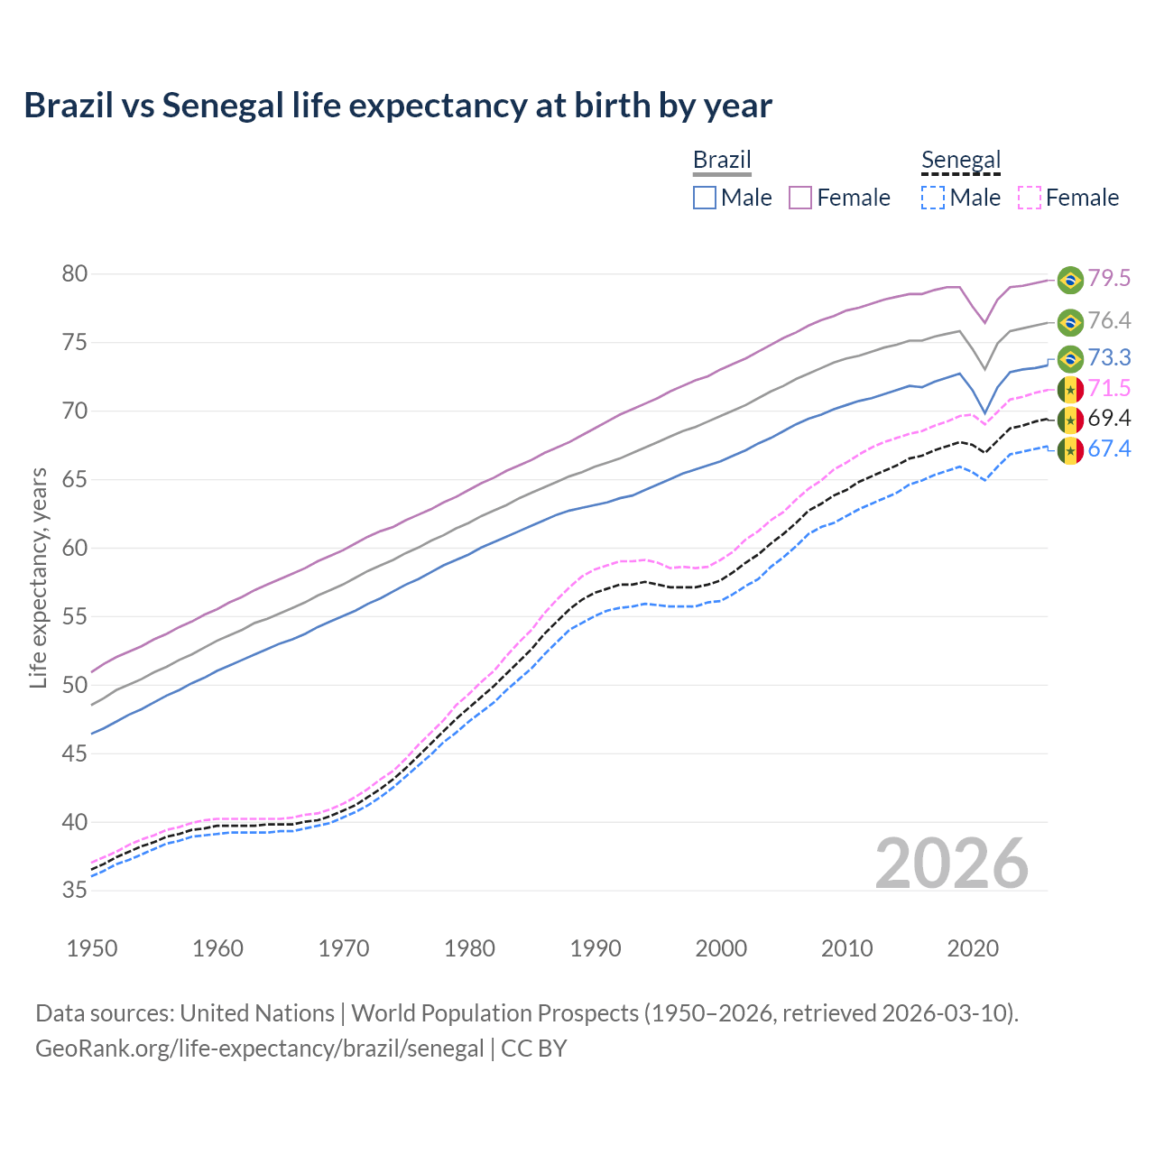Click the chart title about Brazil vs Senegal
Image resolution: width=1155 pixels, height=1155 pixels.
pos(398,106)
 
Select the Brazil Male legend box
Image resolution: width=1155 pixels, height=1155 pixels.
pos(705,198)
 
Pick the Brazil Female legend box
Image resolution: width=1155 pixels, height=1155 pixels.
pos(800,198)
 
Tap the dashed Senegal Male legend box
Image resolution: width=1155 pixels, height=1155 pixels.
pos(933,198)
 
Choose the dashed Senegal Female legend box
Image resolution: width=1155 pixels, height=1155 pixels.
pos(1029,198)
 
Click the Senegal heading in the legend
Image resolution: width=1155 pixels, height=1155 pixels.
pos(961,161)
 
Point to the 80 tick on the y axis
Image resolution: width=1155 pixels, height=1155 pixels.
pos(75,273)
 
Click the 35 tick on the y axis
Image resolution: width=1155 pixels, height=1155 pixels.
pos(75,891)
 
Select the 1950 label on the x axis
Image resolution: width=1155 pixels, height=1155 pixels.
pos(92,948)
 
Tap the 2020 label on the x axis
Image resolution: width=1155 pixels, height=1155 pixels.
pos(973,948)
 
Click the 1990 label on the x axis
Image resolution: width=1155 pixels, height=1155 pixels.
pos(596,948)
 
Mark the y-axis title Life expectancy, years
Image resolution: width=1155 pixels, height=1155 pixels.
pos(38,577)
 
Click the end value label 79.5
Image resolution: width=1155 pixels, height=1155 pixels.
pos(1109,279)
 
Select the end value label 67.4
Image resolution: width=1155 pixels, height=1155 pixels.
pos(1109,448)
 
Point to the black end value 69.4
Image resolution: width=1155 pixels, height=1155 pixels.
pos(1109,418)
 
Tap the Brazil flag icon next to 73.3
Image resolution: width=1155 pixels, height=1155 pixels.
pos(1070,358)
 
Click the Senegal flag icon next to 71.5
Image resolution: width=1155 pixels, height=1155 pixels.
pos(1070,389)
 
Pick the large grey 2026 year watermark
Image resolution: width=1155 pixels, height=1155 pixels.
pos(952,864)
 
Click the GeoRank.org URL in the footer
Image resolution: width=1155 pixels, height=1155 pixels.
pos(260,1049)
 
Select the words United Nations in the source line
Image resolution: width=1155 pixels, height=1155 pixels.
pos(257,1013)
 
